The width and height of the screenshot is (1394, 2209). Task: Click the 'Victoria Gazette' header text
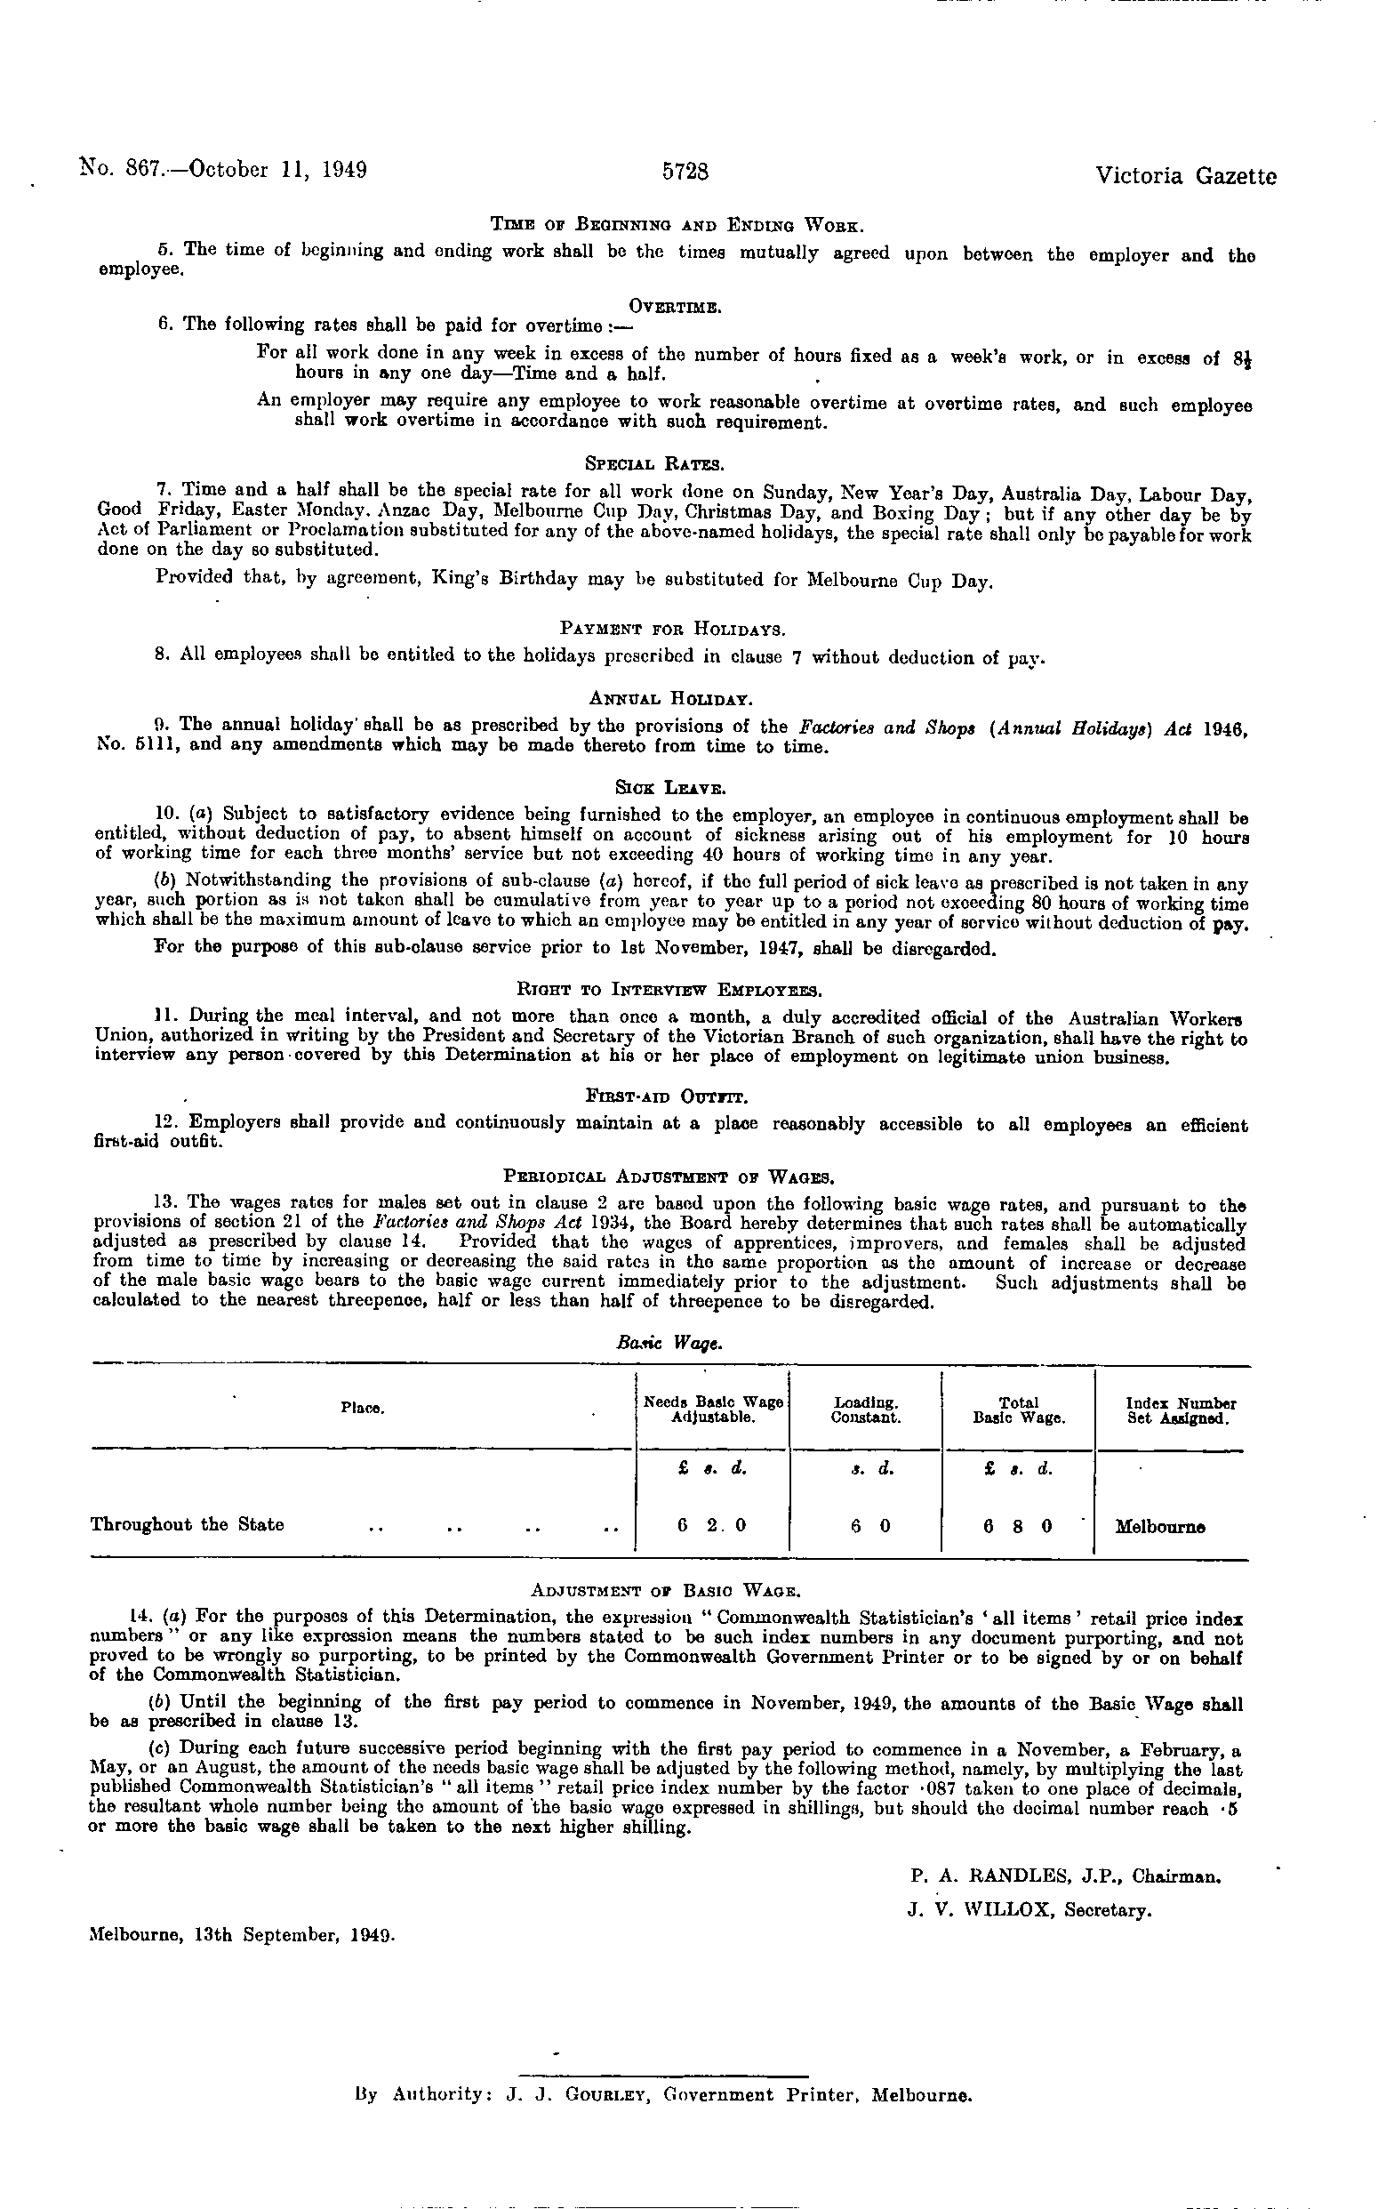pyautogui.click(x=1185, y=176)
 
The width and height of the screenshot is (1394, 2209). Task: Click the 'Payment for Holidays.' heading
pyautogui.click(x=673, y=630)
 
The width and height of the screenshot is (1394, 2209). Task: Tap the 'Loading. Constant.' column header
pyautogui.click(x=866, y=1409)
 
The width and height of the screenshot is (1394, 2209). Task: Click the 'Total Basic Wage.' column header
pyautogui.click(x=1018, y=1409)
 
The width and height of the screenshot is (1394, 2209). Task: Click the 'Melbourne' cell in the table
pyautogui.click(x=1160, y=1528)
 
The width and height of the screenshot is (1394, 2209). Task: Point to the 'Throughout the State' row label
pyautogui.click(x=187, y=1524)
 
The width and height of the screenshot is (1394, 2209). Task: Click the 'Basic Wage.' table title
pyautogui.click(x=669, y=1342)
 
